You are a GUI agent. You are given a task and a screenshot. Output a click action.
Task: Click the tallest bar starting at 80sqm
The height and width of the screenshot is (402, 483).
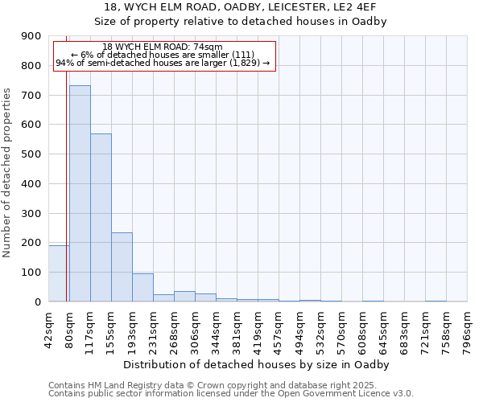80,193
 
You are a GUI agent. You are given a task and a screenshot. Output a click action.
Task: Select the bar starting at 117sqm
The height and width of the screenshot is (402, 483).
101,217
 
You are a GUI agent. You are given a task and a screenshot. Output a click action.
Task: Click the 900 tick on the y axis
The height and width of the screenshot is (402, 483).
31,36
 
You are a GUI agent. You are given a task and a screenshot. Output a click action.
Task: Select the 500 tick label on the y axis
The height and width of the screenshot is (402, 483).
31,154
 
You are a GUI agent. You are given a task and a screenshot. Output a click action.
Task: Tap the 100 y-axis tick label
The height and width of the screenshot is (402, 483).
31,273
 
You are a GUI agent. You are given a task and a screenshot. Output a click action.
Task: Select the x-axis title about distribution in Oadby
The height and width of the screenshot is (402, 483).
258,364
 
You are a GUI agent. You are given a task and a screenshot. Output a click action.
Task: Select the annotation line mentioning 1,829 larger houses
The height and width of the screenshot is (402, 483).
163,63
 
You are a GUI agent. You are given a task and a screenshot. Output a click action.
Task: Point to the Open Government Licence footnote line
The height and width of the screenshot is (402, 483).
231,393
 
